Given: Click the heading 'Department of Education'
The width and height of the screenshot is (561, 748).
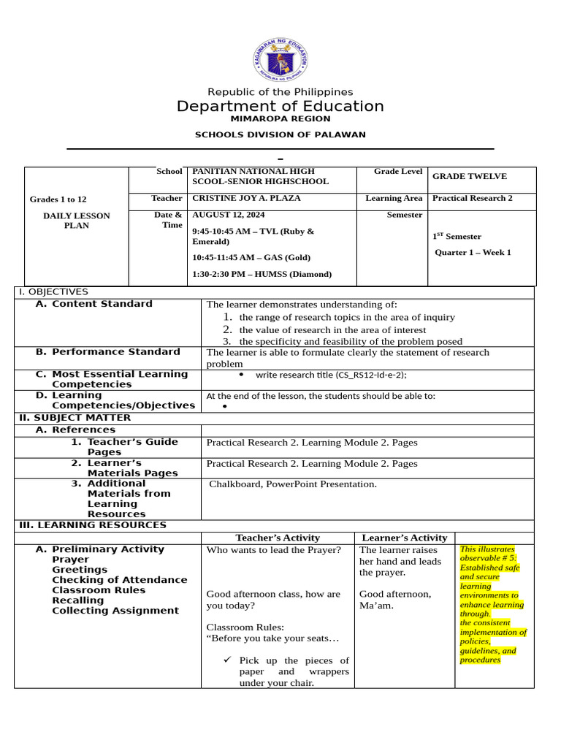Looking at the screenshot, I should pos(280,107).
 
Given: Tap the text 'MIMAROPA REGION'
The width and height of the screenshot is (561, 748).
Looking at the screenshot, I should pos(280,119).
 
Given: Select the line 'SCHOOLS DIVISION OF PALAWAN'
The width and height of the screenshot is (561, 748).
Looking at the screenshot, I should pos(280,135).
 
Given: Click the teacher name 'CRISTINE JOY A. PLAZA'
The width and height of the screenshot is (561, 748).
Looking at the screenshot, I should pos(246,198).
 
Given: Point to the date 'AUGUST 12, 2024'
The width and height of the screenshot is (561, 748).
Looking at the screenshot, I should pos(229,215).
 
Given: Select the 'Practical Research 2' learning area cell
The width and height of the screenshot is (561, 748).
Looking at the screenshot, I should pos(473,198).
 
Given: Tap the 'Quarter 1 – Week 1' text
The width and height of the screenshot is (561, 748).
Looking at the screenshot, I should pos(473,253).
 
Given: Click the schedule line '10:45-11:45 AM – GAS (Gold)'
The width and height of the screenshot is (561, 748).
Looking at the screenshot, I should pos(251,258).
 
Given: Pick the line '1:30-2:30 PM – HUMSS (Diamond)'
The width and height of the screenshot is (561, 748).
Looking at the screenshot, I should pos(262,274).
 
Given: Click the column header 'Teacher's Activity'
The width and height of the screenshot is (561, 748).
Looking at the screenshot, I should pos(278,538).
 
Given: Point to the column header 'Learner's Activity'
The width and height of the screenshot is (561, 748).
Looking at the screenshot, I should pos(405,538).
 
